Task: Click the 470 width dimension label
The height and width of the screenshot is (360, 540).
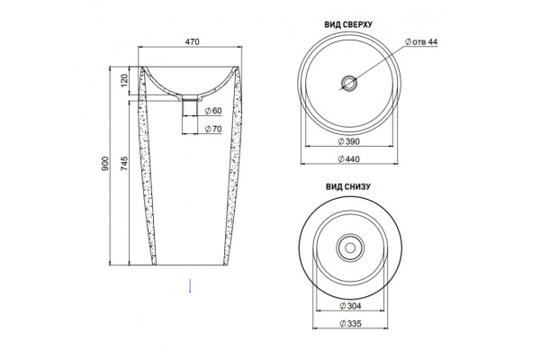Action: pyautogui.click(x=193, y=42)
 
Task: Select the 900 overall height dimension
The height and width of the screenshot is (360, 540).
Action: pyautogui.click(x=105, y=163)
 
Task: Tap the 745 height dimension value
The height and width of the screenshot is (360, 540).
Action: pyautogui.click(x=124, y=163)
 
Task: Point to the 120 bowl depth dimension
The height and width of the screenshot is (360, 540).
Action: pyautogui.click(x=124, y=79)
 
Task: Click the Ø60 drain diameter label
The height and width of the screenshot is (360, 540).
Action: pyautogui.click(x=213, y=111)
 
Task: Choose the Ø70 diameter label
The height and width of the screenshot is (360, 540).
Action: pyautogui.click(x=213, y=130)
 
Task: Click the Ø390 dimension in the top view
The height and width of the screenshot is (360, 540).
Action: pyautogui.click(x=348, y=141)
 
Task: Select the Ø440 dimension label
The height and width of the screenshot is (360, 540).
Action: pyautogui.click(x=348, y=159)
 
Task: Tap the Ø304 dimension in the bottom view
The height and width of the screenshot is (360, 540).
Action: pyautogui.click(x=350, y=306)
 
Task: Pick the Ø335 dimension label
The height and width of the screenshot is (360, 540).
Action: pyautogui.click(x=350, y=323)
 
